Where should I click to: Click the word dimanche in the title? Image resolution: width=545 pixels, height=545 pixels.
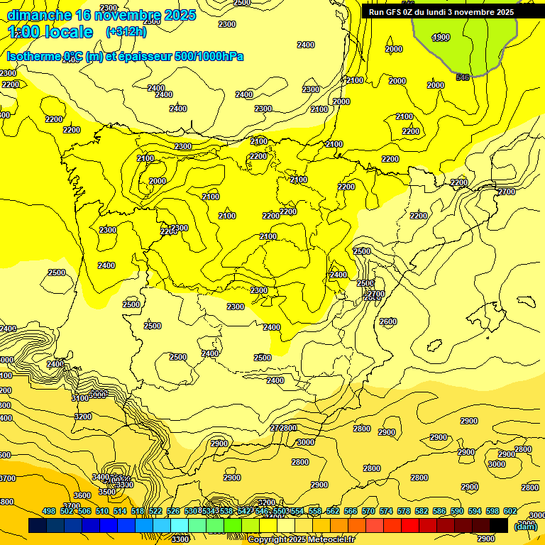tap(39, 15)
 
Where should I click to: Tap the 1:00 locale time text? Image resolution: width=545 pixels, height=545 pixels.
tap(50, 32)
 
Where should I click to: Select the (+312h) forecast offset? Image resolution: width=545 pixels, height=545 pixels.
tap(126, 32)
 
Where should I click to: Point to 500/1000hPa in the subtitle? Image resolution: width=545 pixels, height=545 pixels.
tap(214, 57)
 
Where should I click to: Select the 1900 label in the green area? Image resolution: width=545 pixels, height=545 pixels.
tap(441, 38)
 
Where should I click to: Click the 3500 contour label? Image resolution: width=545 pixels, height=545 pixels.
tap(106, 492)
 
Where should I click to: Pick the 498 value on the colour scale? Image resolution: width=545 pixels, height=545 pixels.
tap(49, 511)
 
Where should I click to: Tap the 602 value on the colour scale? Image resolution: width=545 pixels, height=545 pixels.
tap(510, 511)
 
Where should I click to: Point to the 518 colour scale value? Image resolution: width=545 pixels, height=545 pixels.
tap(138, 511)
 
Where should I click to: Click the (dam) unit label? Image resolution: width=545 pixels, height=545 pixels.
tap(525, 526)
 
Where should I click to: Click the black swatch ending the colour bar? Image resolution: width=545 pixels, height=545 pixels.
tap(499, 526)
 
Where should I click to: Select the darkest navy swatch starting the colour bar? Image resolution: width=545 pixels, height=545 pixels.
tap(38, 526)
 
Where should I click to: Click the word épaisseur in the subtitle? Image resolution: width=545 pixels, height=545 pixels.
tap(142, 57)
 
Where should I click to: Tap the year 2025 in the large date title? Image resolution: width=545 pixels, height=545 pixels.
tap(180, 15)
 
